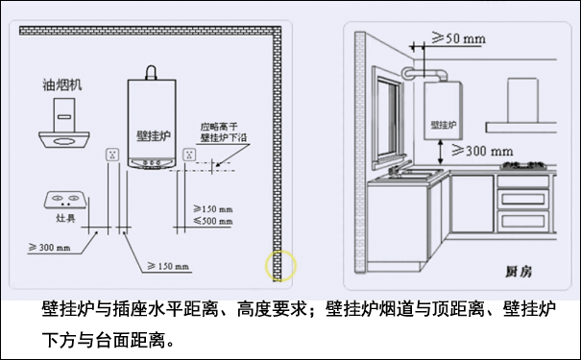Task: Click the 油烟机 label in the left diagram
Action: pyautogui.click(x=62, y=84)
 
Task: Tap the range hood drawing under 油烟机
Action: pyautogui.click(x=66, y=126)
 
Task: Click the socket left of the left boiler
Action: pyautogui.click(x=111, y=153)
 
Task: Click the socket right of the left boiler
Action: pyautogui.click(x=190, y=153)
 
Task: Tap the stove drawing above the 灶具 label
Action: pyautogui.click(x=65, y=201)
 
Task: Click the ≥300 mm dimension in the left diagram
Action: pyautogui.click(x=49, y=249)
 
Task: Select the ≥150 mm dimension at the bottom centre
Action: pyautogui.click(x=168, y=265)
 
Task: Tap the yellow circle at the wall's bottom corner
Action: pyautogui.click(x=281, y=264)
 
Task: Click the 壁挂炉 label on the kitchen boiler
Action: pyautogui.click(x=441, y=125)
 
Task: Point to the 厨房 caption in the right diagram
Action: pyautogui.click(x=519, y=271)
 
